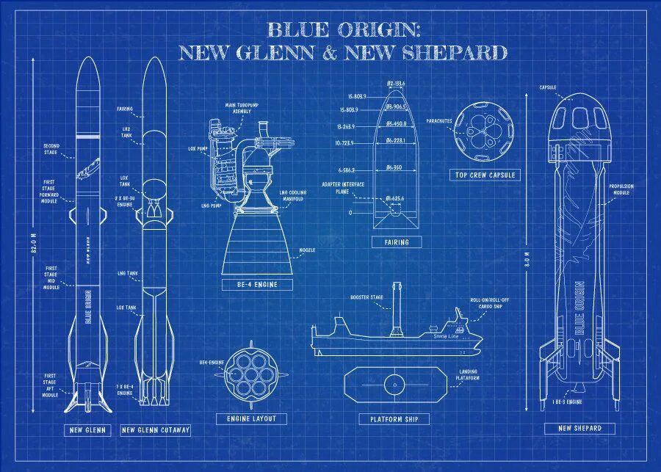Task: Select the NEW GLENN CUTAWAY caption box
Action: click(155, 430)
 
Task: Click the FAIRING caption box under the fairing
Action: click(396, 242)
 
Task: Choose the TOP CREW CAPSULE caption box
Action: click(484, 175)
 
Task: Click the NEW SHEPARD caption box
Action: click(579, 428)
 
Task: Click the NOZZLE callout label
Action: click(307, 250)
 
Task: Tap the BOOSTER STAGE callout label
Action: click(366, 297)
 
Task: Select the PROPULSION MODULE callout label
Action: click(621, 189)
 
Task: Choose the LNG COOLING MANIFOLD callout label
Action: click(293, 197)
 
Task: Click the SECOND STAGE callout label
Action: click(51, 149)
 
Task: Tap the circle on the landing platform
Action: click(394, 382)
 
